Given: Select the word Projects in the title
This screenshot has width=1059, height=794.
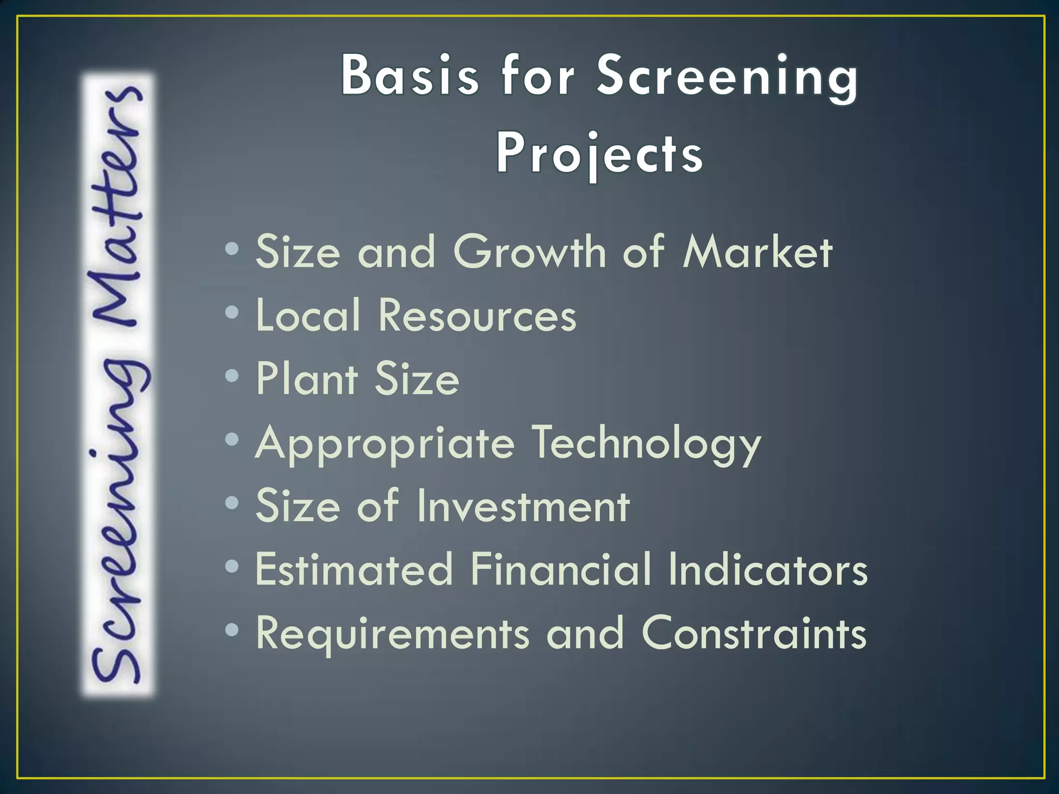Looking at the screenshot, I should pos(599,154).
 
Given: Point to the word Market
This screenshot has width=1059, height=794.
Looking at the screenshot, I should pos(757,252).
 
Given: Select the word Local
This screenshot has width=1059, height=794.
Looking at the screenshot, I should pos(308,315).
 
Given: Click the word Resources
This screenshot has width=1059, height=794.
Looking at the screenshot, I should pos(477,315).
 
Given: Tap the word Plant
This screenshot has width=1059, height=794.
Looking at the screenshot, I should pos(307,379).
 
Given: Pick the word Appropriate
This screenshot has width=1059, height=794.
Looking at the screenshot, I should pos(385,444).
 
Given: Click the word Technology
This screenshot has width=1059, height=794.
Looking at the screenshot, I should pos(646,444).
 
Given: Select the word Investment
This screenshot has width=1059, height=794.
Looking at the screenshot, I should pos(523,506).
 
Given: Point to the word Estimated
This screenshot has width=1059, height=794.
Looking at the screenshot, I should pos(354,569).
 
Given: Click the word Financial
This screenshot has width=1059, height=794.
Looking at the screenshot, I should pos(561,569).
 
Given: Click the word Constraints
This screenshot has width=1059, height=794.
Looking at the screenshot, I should pos(753,633).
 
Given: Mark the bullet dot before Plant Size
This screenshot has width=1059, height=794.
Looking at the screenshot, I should pos(233,376).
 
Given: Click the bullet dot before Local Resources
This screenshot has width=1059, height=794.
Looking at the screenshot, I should pos(233,312).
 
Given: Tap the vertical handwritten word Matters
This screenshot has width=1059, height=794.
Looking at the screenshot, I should pos(118,207).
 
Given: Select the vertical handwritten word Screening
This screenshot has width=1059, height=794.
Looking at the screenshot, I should pos(118,517).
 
